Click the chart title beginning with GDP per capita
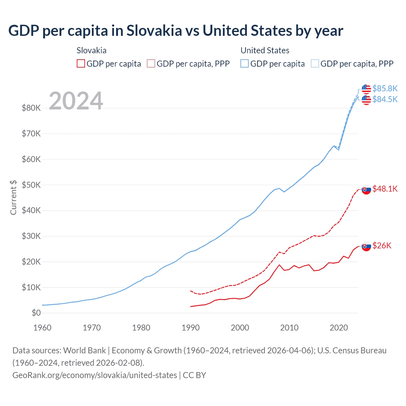click(176, 31)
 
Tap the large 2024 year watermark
click(76, 101)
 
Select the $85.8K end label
click(385, 88)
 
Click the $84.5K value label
click(385, 100)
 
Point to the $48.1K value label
click(385, 189)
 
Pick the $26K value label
click(382, 246)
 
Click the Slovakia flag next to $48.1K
click(366, 189)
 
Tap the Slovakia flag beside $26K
click(366, 246)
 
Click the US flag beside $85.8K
click(366, 89)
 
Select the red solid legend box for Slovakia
click(81, 64)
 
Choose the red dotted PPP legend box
click(151, 64)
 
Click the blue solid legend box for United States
click(245, 64)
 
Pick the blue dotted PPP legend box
click(315, 64)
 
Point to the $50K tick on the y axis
click(31, 185)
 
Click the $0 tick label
click(36, 313)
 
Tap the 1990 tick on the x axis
click(191, 328)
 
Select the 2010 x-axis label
click(289, 328)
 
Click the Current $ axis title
click(13, 197)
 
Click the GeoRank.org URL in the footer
click(95, 375)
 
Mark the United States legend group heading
click(265, 50)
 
